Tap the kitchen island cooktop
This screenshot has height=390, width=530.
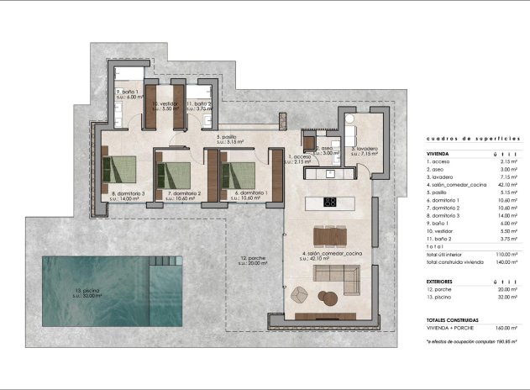[330, 202]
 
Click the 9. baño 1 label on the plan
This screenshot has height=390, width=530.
[128, 93]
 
